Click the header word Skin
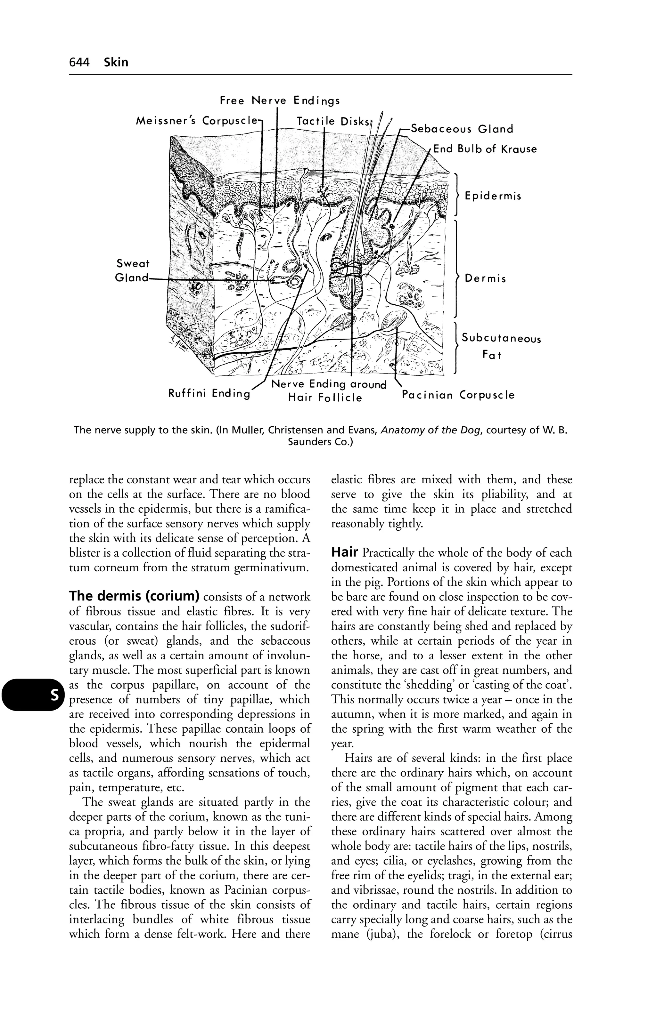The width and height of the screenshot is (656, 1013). point(116,62)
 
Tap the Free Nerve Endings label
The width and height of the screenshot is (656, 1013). point(280,101)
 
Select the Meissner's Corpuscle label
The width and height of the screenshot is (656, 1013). point(197,121)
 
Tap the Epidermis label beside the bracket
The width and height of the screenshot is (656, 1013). point(493,196)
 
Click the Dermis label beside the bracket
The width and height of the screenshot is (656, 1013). point(485,279)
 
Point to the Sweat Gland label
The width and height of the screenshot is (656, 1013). point(133,271)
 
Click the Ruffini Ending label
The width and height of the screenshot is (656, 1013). point(209,393)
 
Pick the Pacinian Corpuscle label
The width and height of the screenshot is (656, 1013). point(458,395)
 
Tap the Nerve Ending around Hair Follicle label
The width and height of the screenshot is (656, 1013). point(328,391)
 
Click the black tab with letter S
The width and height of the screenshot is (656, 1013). point(54,695)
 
